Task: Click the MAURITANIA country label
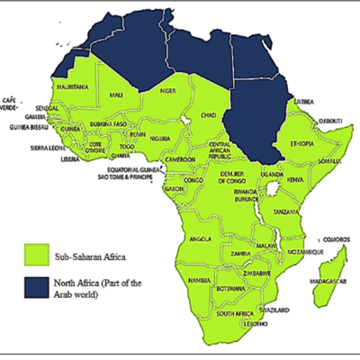(71, 87)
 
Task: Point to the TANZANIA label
(287, 211)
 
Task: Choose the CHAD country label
(209, 117)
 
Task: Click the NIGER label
(158, 91)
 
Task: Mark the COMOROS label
(334, 227)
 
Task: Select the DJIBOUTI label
(331, 120)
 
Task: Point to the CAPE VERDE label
(11, 103)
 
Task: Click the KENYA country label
(295, 180)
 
